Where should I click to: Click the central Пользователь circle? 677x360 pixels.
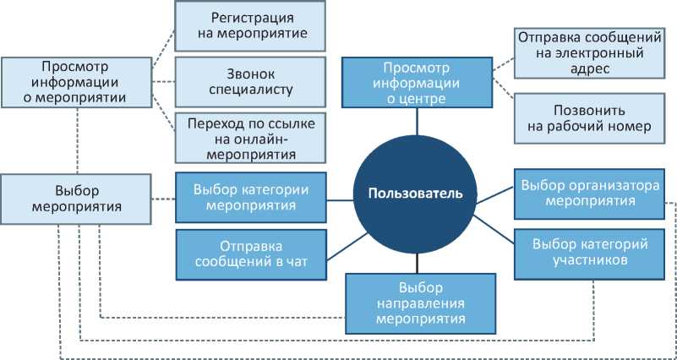tap(415, 193)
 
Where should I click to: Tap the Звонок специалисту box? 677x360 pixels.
tap(249, 80)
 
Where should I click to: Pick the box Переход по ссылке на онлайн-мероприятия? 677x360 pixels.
tap(249, 139)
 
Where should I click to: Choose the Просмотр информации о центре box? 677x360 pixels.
tap(416, 82)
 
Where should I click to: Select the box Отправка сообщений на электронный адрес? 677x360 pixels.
tap(577, 52)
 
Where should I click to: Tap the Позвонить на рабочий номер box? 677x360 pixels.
tap(577, 119)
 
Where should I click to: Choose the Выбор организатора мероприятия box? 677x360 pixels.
tap(590, 194)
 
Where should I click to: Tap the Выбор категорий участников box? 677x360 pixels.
tap(590, 253)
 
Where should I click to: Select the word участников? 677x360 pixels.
tap(591, 261)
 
